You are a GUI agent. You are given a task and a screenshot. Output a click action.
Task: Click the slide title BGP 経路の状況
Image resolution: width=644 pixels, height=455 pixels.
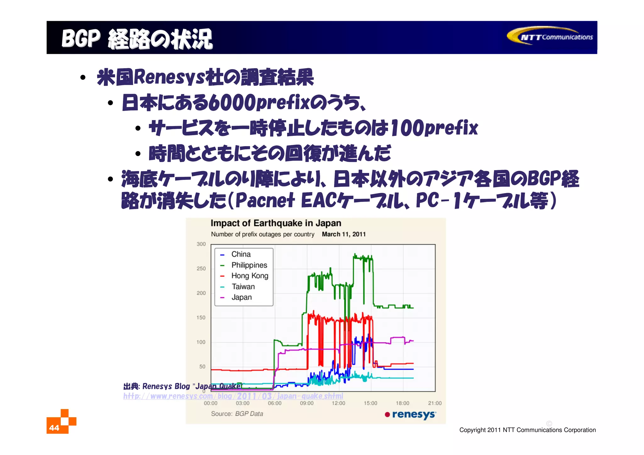point(137,39)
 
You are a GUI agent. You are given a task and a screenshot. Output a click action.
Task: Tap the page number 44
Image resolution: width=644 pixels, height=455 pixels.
point(54,428)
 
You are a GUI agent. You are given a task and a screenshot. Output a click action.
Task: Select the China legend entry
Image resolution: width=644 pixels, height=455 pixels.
point(241,254)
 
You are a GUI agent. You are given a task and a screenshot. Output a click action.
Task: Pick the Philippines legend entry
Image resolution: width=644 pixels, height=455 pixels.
point(249,265)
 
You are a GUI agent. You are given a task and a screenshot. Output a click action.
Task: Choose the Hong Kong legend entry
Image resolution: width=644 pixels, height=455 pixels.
point(249,276)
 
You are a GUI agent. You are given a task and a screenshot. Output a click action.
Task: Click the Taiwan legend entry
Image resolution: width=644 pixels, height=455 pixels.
point(243,286)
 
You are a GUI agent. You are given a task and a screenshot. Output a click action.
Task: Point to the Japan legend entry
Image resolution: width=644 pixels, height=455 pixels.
point(241,297)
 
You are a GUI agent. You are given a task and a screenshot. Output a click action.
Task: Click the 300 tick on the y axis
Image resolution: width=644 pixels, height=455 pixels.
point(201,244)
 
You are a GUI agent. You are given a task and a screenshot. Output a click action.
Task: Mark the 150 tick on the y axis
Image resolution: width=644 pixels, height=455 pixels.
point(201,318)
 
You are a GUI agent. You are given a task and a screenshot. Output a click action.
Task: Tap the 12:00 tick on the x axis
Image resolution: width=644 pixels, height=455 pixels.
point(338,403)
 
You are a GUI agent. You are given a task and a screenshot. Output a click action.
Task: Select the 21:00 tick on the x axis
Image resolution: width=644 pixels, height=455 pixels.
point(435,403)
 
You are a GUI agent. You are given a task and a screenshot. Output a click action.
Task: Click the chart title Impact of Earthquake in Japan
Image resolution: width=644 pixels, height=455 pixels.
point(276,223)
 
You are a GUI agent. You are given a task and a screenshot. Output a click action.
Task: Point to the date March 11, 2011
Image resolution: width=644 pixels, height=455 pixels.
point(344,234)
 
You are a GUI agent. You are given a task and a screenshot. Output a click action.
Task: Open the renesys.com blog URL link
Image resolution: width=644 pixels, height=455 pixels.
point(233,396)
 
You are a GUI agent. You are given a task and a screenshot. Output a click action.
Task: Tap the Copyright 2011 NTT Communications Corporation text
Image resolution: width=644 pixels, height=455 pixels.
point(527,430)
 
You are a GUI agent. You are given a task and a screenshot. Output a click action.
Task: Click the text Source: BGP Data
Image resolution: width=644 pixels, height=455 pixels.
point(237,414)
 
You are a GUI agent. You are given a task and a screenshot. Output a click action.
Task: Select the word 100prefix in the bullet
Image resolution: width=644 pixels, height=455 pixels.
point(434,128)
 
